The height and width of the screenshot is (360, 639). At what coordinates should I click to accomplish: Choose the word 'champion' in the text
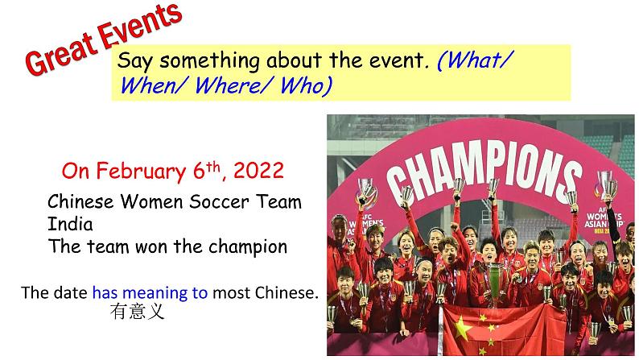(x=249, y=246)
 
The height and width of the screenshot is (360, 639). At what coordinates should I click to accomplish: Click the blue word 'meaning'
(x=179, y=292)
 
